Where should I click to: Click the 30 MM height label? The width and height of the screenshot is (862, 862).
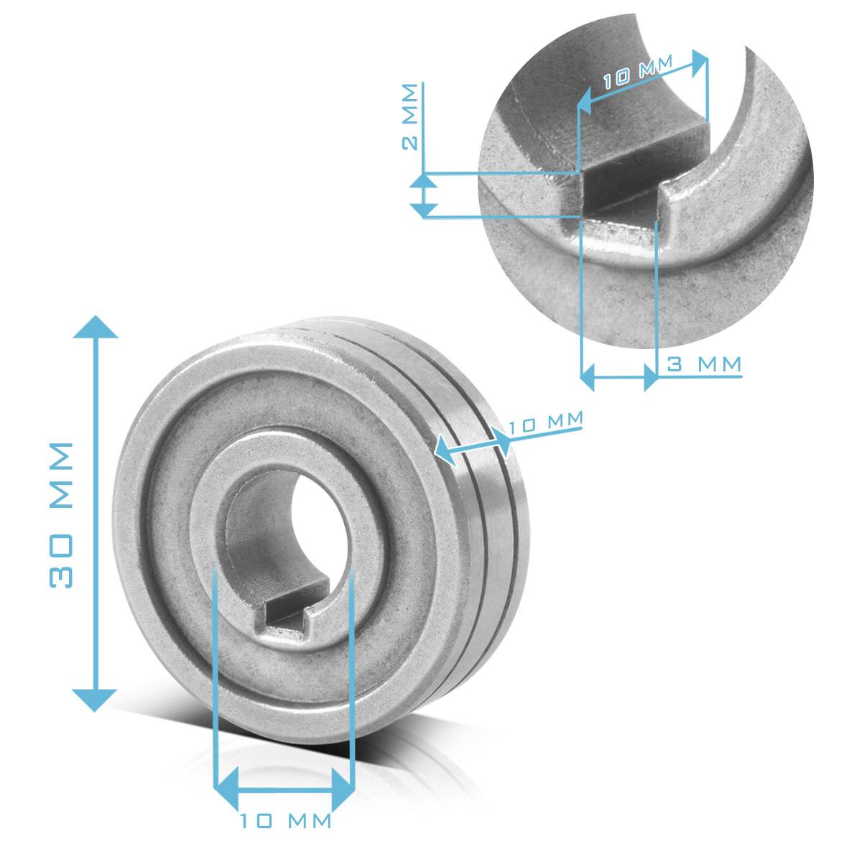tap(62, 514)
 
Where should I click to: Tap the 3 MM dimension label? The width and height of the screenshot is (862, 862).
tap(704, 364)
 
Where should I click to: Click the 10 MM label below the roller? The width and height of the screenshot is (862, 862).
tap(286, 820)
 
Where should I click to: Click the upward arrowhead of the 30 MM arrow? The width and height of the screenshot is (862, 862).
tap(95, 327)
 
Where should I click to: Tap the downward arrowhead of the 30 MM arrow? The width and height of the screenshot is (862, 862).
tap(95, 699)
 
